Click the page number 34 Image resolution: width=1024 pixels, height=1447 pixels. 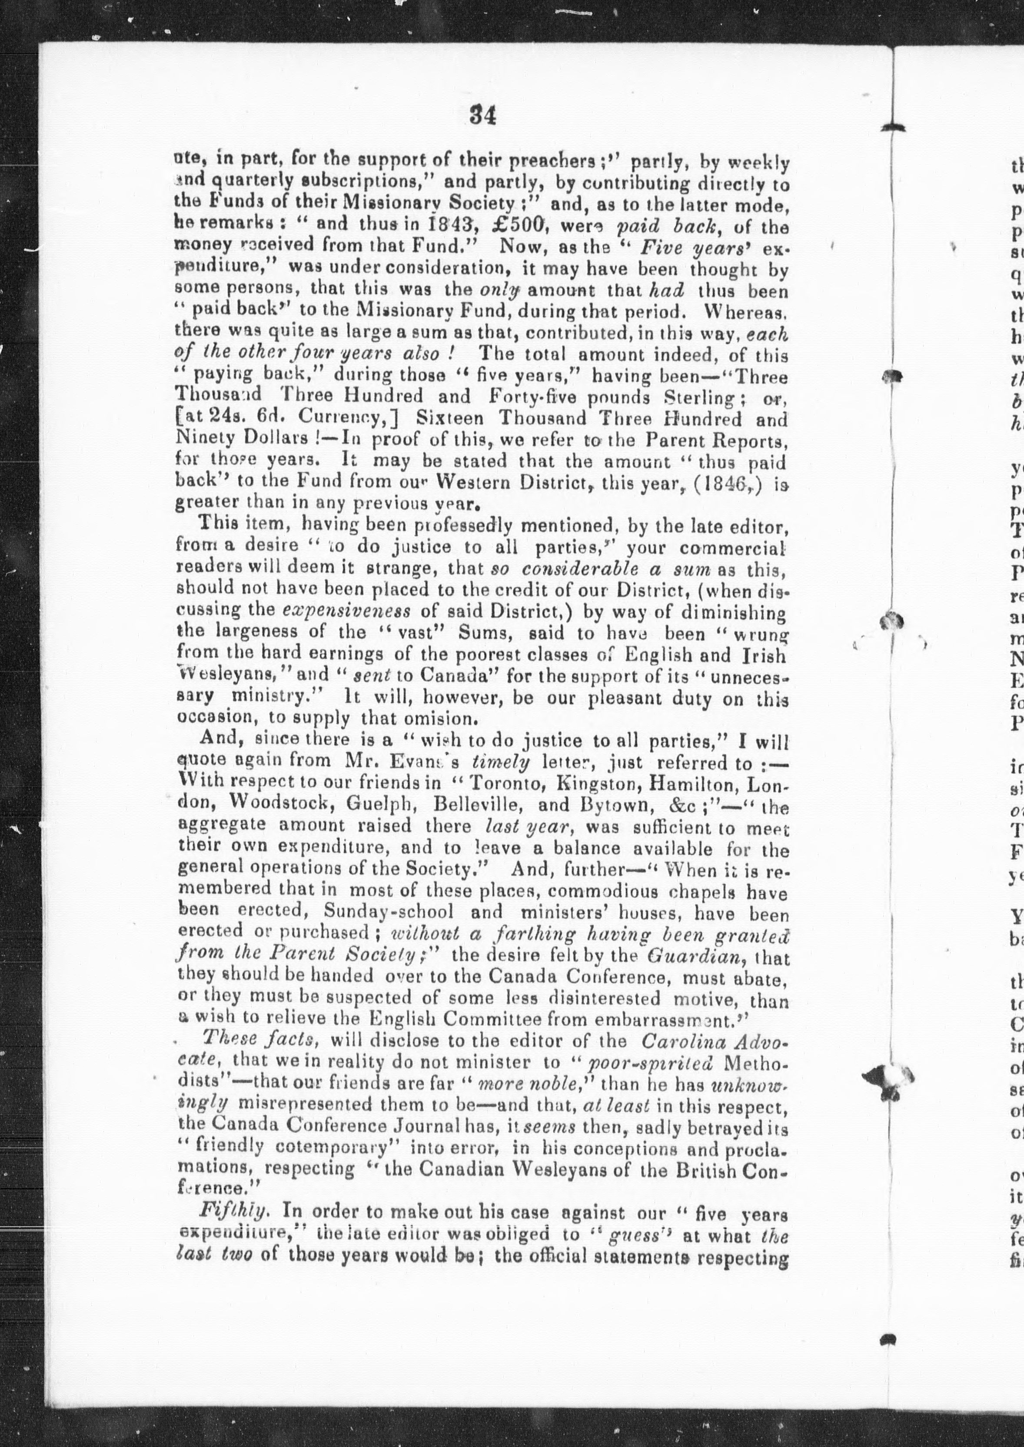483,116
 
